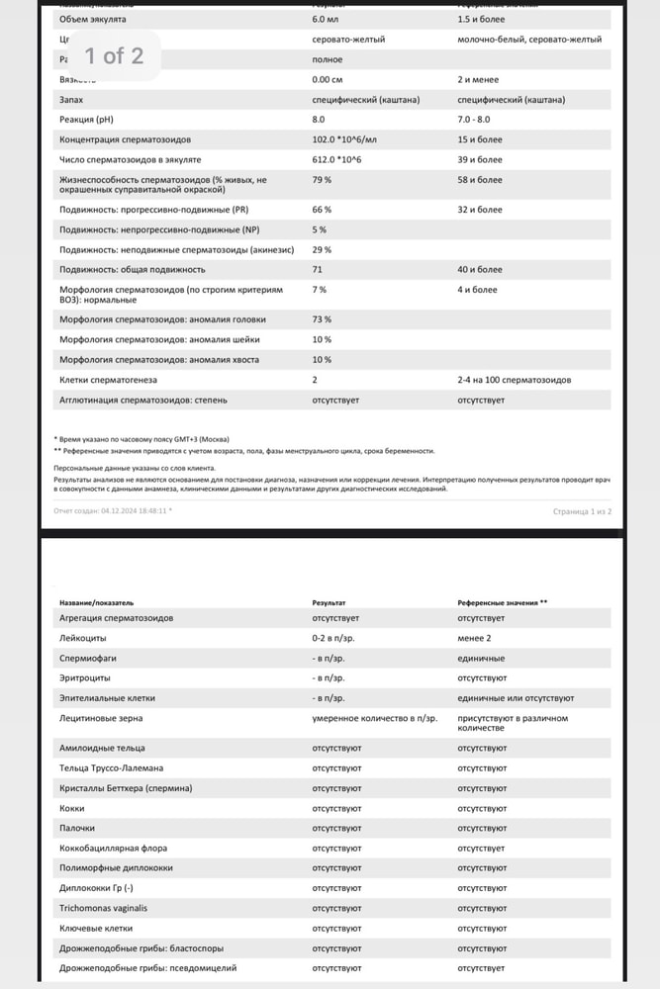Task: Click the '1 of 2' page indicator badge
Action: click(112, 55)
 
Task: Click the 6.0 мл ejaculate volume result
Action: click(326, 20)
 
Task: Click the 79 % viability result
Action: click(322, 180)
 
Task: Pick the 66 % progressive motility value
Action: click(322, 210)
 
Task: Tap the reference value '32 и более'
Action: click(480, 210)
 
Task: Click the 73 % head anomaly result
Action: click(322, 319)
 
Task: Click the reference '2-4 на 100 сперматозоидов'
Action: click(514, 380)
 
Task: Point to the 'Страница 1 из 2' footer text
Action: click(582, 511)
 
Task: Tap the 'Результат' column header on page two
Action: click(329, 601)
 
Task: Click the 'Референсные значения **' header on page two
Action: click(502, 601)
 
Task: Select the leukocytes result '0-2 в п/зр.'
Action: click(333, 638)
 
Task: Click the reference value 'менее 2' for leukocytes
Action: click(474, 638)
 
